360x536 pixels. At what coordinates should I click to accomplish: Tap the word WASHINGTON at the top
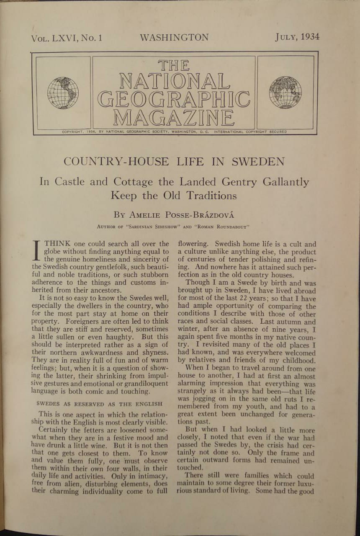[x=174, y=37]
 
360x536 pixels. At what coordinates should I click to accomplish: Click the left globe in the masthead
[x=63, y=93]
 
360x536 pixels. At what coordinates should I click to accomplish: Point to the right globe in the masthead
[x=285, y=92]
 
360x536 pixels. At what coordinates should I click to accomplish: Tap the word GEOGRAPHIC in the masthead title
[x=174, y=99]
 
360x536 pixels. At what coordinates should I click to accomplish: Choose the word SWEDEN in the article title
[x=258, y=162]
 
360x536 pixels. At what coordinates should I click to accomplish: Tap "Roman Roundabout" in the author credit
[x=224, y=227]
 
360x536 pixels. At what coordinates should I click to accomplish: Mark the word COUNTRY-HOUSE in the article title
[x=116, y=162]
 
